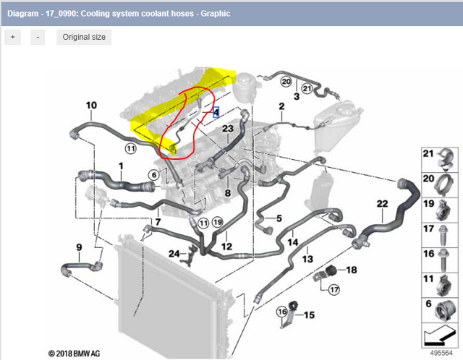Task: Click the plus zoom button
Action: click(x=13, y=37)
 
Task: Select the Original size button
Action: click(x=84, y=37)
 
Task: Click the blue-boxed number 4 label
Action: click(x=216, y=113)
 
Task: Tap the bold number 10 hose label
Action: click(x=91, y=106)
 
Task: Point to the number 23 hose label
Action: click(x=228, y=129)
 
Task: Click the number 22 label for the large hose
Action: click(x=382, y=204)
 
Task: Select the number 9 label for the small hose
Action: click(x=79, y=247)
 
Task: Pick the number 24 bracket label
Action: click(x=174, y=254)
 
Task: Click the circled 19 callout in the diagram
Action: click(x=218, y=222)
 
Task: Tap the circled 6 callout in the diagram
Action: click(x=154, y=175)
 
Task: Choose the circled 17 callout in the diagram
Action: click(x=334, y=290)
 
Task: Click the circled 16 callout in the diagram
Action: click(x=282, y=312)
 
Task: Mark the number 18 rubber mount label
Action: click(x=351, y=270)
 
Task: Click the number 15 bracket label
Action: click(x=309, y=315)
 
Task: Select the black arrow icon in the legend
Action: click(x=439, y=335)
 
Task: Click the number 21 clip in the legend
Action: click(x=446, y=159)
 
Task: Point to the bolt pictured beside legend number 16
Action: click(x=443, y=260)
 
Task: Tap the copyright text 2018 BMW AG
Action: click(x=74, y=353)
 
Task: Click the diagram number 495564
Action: click(x=441, y=353)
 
